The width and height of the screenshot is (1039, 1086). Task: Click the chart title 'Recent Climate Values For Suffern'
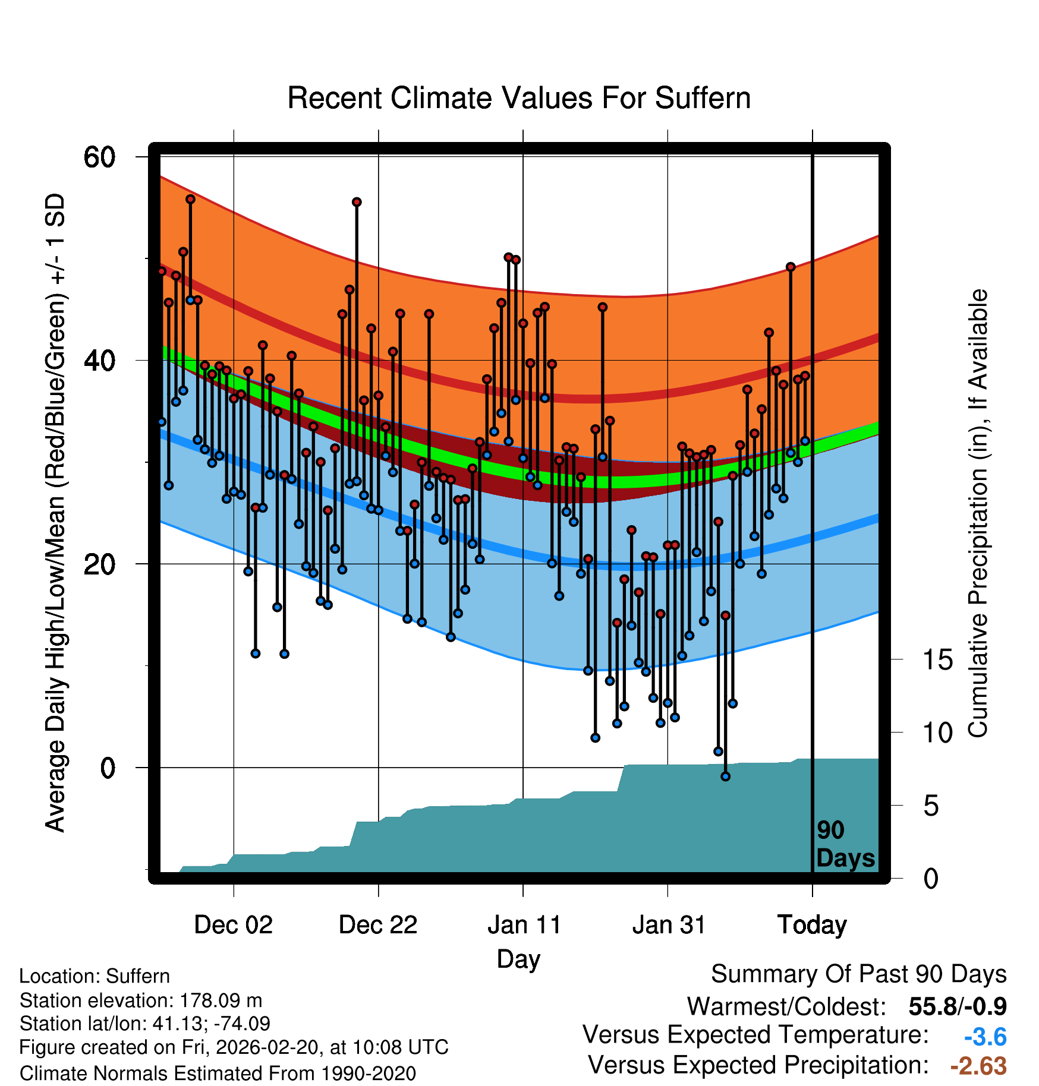click(x=518, y=98)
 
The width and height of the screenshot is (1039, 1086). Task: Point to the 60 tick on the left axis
click(x=99, y=157)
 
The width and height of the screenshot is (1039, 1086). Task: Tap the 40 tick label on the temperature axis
click(x=99, y=361)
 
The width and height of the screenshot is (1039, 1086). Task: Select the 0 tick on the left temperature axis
click(x=108, y=768)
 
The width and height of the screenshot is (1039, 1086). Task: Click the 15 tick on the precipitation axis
click(x=937, y=660)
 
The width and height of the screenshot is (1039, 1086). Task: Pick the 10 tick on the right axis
click(x=937, y=733)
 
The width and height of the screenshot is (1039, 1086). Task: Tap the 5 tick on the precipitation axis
click(x=931, y=806)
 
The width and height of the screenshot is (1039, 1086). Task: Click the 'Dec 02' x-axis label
click(x=233, y=925)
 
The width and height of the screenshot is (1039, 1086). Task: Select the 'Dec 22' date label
click(x=378, y=925)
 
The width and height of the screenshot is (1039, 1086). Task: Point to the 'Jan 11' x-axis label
click(x=524, y=925)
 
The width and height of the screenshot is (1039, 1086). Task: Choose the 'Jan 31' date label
click(x=668, y=925)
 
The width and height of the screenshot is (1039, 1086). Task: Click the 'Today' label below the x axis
click(x=812, y=925)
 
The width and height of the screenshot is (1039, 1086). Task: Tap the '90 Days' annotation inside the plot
click(x=845, y=844)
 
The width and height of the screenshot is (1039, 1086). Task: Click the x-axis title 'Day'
click(x=518, y=959)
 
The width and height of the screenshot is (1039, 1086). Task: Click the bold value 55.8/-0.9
click(x=957, y=1006)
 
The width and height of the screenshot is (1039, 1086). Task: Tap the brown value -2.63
click(x=978, y=1066)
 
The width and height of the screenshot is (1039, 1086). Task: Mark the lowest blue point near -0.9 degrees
click(x=725, y=776)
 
